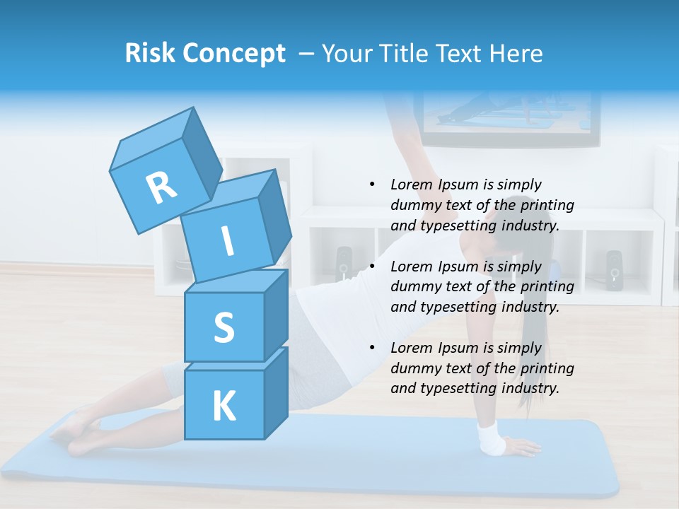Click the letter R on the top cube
161,187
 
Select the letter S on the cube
224,327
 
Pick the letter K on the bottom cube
224,406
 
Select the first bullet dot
372,185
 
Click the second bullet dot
372,267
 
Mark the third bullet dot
372,348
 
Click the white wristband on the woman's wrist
491,438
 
